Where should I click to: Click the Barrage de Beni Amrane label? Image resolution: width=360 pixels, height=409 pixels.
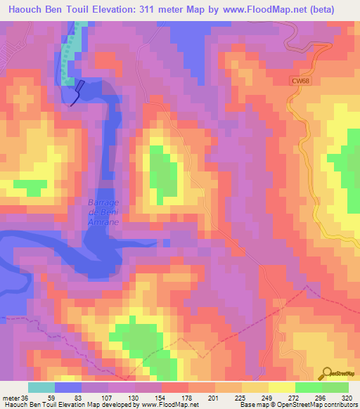click(103, 212)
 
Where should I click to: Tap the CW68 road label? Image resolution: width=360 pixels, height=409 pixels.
click(300, 82)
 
